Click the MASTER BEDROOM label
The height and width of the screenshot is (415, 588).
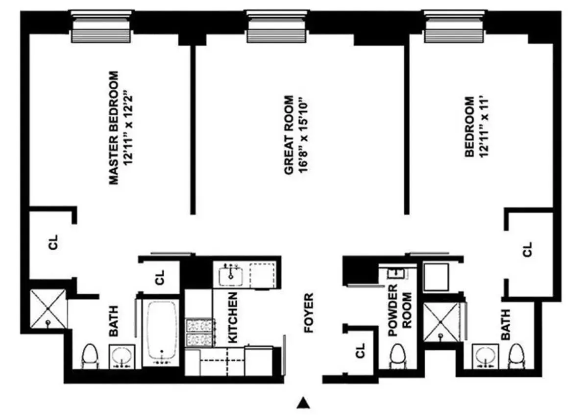(x=114, y=128)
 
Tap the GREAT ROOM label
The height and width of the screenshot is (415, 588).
(x=289, y=135)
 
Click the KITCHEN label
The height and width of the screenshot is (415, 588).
(x=233, y=317)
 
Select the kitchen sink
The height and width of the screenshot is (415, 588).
(x=229, y=274)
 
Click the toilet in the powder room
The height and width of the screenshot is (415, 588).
(x=397, y=356)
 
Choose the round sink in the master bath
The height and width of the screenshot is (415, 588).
(x=120, y=355)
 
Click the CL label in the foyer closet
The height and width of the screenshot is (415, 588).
(x=361, y=350)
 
